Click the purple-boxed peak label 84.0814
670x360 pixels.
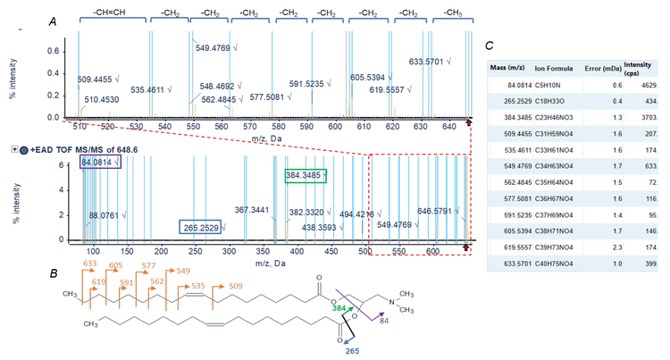[x=99, y=163]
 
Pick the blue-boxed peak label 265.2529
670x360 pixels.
[x=201, y=228]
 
